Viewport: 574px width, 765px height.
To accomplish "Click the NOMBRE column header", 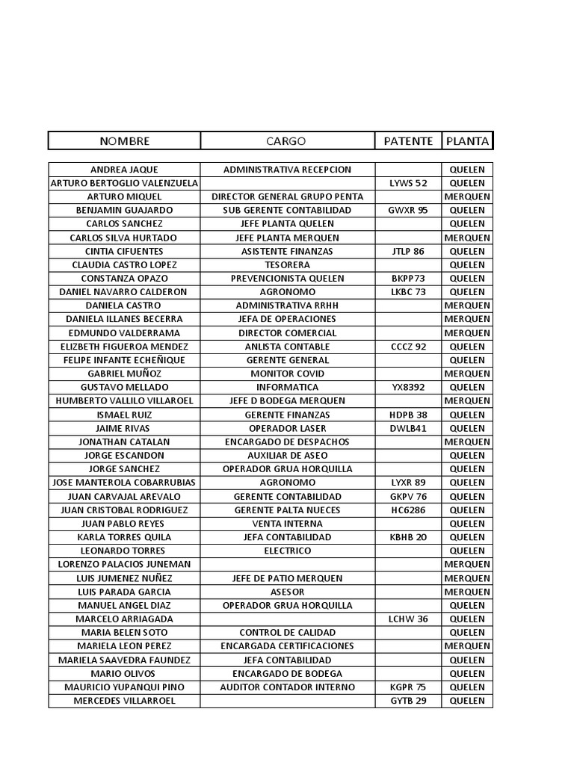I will [125, 141].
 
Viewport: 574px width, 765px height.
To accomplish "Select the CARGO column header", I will [286, 141].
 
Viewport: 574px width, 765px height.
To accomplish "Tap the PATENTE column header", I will [408, 141].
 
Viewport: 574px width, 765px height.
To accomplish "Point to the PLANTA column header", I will [467, 141].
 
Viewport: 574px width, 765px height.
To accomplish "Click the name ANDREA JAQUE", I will [124, 170].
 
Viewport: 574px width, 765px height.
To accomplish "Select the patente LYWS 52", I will [408, 183].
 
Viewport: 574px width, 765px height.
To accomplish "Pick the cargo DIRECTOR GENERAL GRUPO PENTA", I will [287, 196].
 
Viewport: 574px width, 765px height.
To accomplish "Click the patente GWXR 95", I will [408, 210].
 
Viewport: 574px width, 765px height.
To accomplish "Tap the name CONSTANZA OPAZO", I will [124, 278].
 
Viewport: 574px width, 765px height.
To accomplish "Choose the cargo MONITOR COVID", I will [287, 374].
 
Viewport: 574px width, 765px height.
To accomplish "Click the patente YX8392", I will [408, 387].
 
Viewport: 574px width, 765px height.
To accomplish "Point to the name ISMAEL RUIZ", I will [124, 415].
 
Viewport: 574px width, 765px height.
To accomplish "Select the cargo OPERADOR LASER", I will [287, 428].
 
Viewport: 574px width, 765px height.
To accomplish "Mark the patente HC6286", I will [408, 510].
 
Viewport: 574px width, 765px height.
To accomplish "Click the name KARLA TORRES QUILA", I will [124, 537].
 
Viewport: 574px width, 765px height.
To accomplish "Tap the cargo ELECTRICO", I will [287, 551].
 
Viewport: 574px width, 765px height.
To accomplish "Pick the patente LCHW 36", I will [408, 619].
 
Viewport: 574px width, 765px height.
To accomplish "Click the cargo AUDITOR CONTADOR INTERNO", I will [287, 687].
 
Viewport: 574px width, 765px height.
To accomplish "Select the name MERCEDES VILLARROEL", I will [124, 701].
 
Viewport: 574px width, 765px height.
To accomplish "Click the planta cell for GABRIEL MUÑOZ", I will [467, 374].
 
